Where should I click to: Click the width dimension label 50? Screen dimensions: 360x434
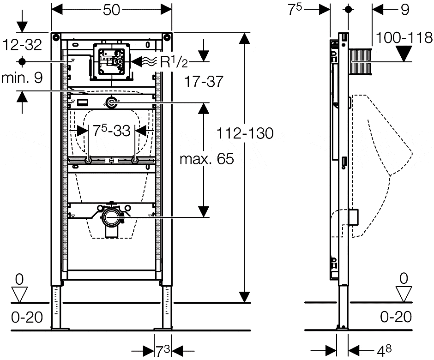click(x=111, y=10)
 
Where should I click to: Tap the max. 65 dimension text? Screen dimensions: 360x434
click(x=206, y=160)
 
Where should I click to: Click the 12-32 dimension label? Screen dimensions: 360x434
click(x=22, y=44)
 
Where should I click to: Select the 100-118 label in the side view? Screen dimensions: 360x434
click(x=404, y=38)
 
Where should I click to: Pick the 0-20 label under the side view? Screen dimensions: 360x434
click(x=396, y=317)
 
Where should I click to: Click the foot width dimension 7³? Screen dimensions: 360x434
click(x=161, y=351)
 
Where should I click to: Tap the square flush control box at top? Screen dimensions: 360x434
click(x=111, y=60)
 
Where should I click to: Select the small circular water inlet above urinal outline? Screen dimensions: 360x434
click(x=111, y=103)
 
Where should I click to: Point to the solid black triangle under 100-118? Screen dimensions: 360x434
click(x=404, y=54)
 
